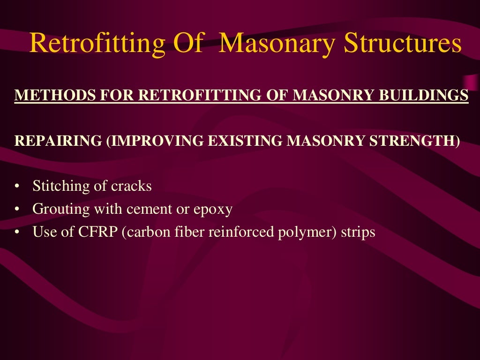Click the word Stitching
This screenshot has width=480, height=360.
[x=60, y=187]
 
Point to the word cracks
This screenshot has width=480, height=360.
[x=131, y=187]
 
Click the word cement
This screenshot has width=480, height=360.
[x=150, y=209]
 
